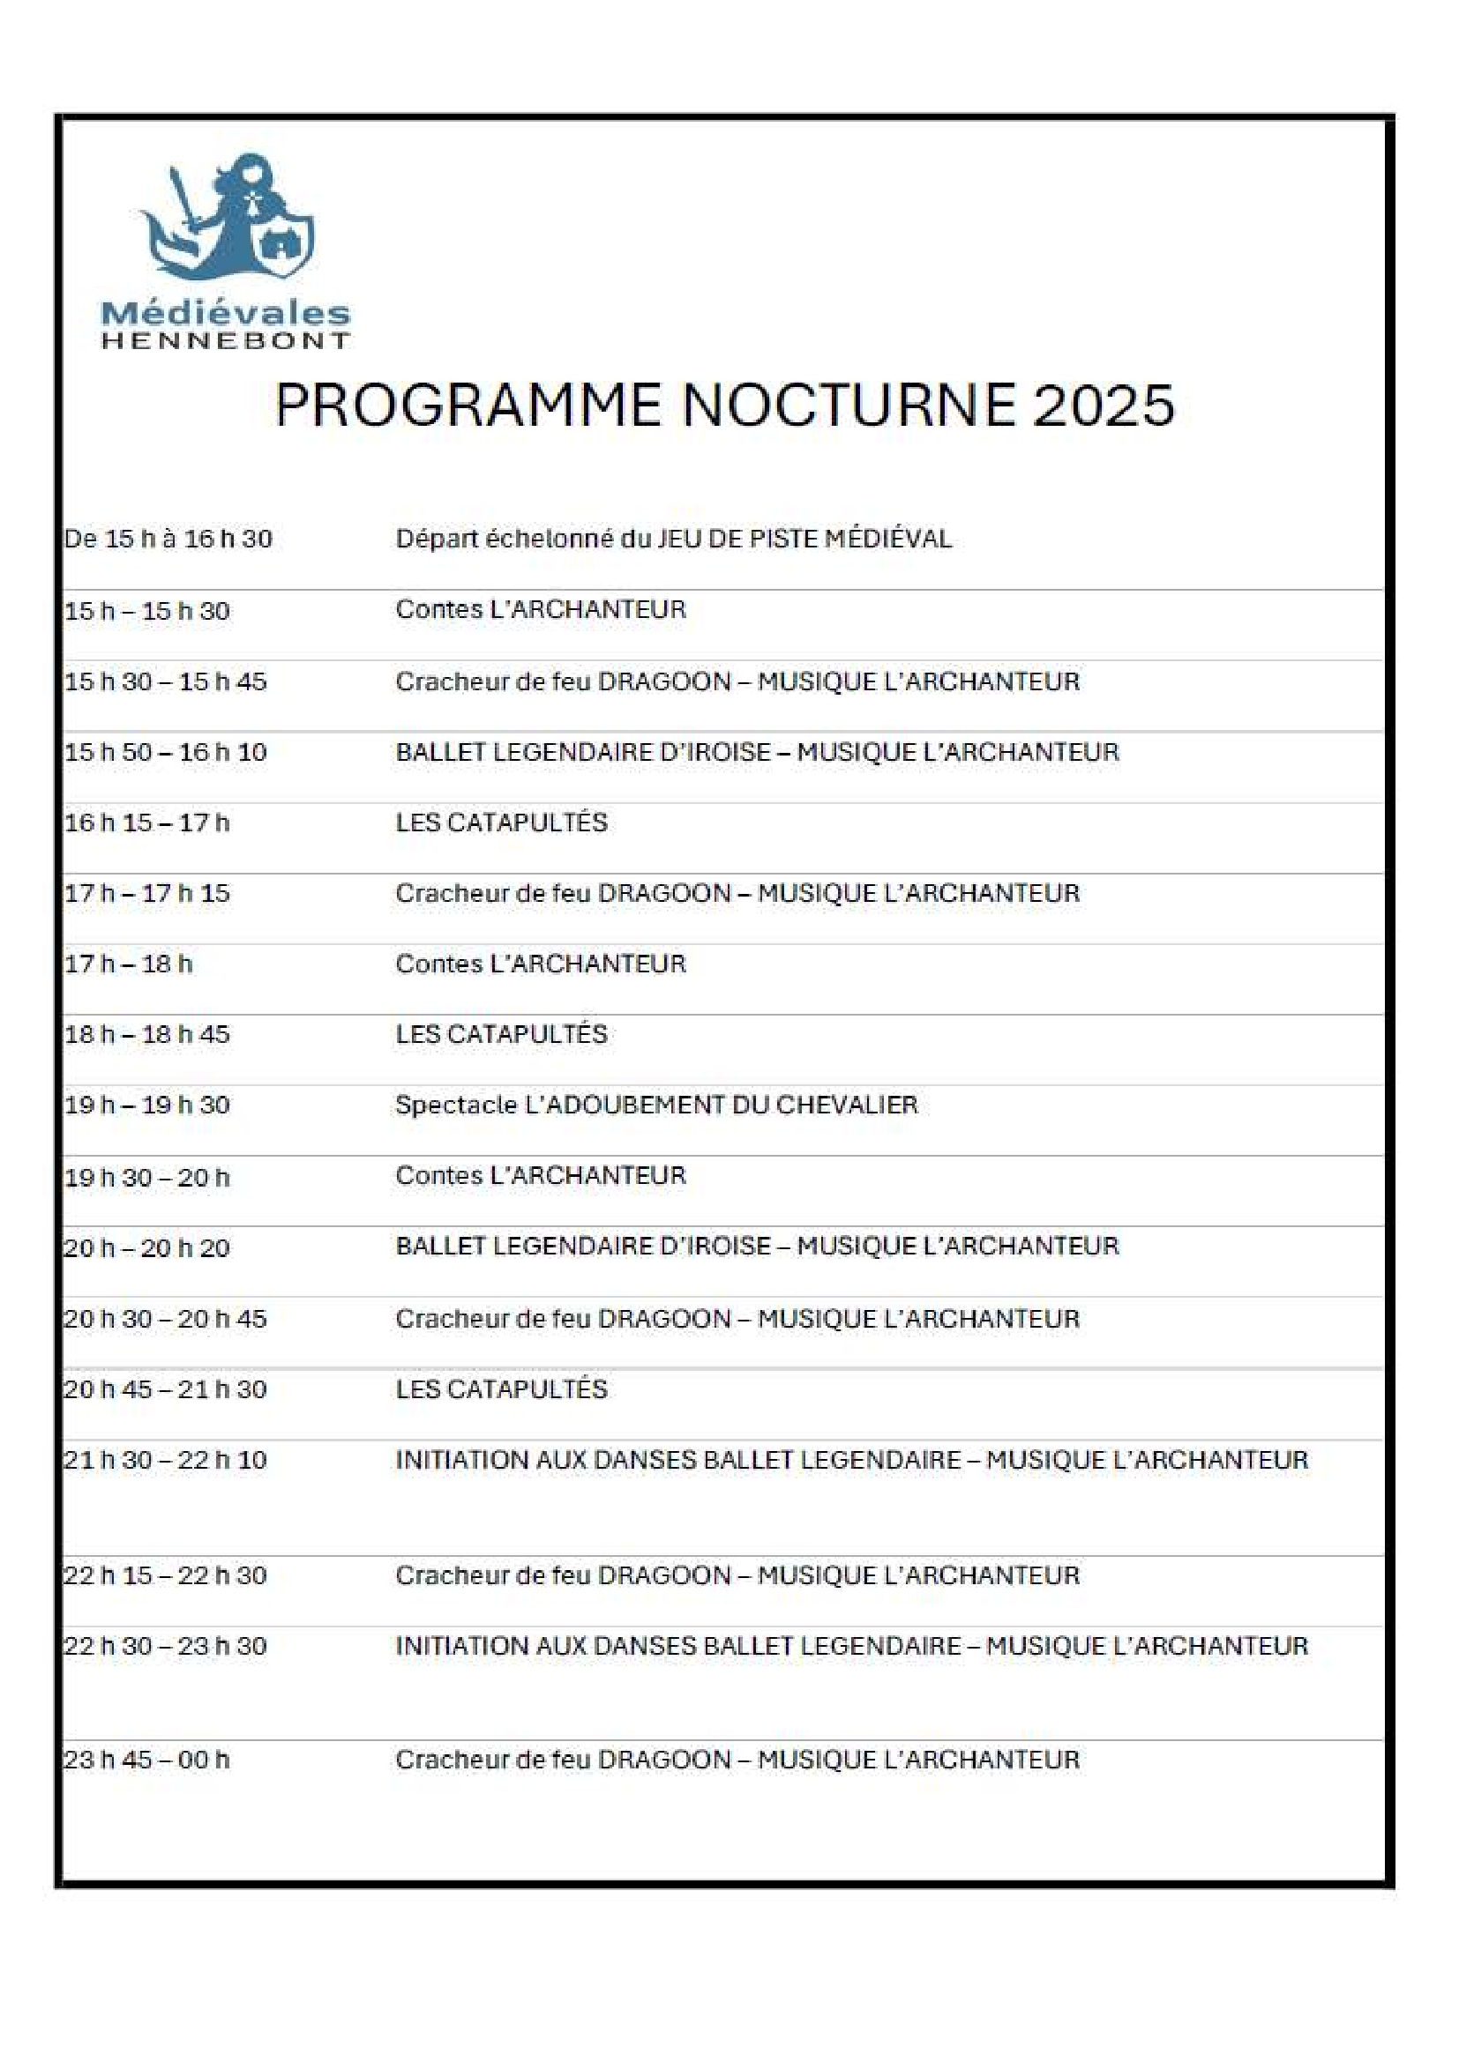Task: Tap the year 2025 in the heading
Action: tap(1104, 405)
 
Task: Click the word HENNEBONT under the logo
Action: tap(226, 340)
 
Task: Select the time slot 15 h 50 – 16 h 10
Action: tap(165, 752)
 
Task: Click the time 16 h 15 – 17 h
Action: tap(146, 823)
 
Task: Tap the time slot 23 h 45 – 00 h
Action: tap(146, 1760)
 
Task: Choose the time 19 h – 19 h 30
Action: tap(146, 1105)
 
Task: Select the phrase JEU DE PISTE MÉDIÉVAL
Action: tap(804, 539)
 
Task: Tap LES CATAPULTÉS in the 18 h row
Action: tap(501, 1034)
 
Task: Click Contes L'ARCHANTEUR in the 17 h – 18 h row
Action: tap(540, 964)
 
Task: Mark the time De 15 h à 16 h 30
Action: tap(168, 539)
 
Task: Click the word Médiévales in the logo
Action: tap(226, 314)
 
